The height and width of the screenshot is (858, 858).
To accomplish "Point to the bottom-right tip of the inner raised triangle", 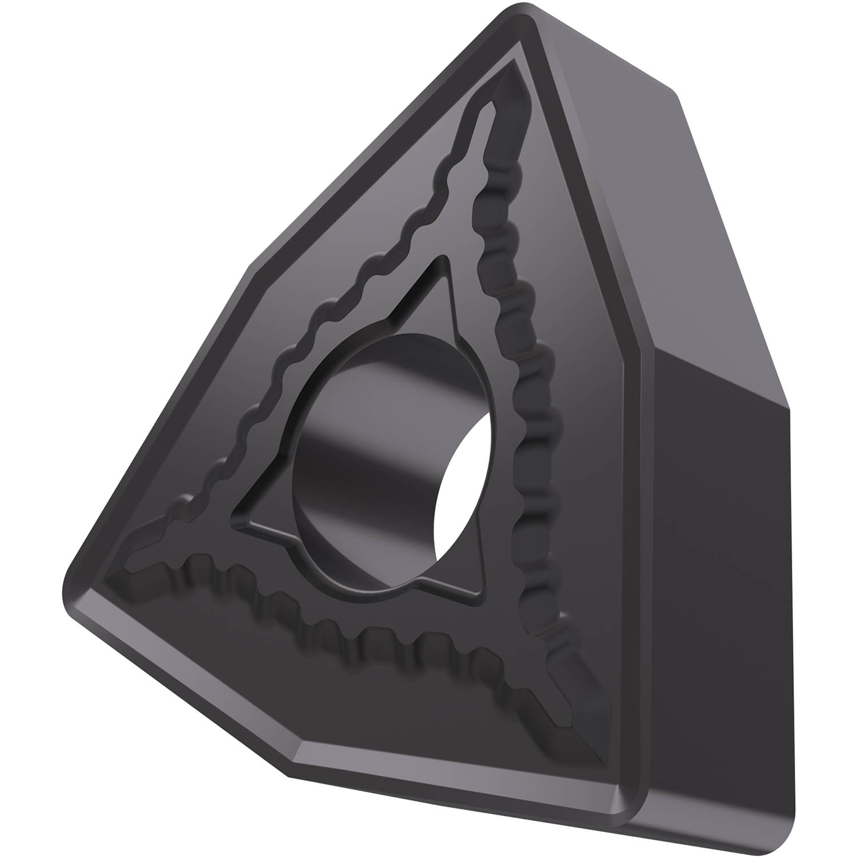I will [x=486, y=601].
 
